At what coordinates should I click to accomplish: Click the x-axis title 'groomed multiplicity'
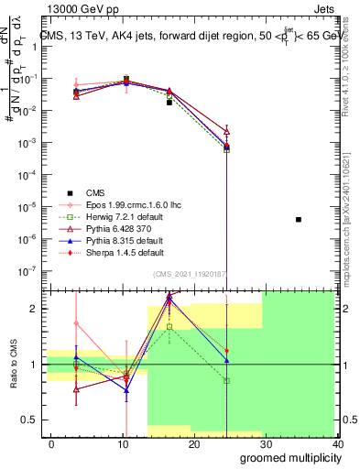(x=287, y=457)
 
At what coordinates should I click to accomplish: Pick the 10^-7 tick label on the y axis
(x=28, y=270)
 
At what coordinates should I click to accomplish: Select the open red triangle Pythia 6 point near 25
(x=226, y=132)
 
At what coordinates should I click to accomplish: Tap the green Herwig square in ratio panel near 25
(x=226, y=380)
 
